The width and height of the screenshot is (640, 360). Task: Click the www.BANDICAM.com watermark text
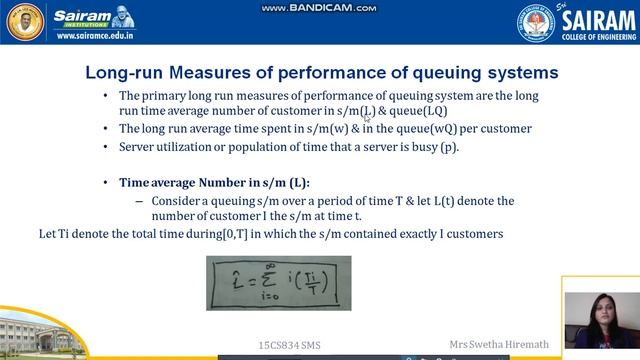319,8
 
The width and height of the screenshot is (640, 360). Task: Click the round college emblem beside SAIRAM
535,22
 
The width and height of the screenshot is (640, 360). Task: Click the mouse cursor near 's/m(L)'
367,118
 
